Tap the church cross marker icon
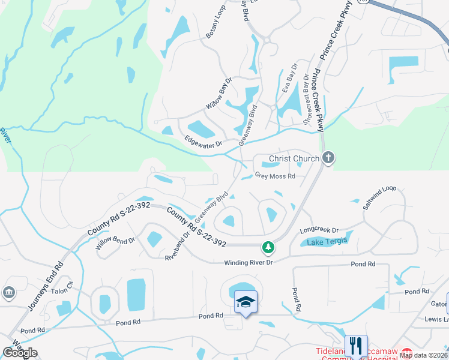[x=328, y=158]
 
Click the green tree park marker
[x=268, y=247]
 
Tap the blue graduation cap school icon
[x=246, y=302]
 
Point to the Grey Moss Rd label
[x=275, y=176]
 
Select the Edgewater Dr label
[x=203, y=143]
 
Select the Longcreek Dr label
[x=319, y=230]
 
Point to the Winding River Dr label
[x=249, y=263]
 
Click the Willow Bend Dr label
[x=115, y=241]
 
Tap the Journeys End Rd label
[x=46, y=286]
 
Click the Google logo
[x=20, y=353]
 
